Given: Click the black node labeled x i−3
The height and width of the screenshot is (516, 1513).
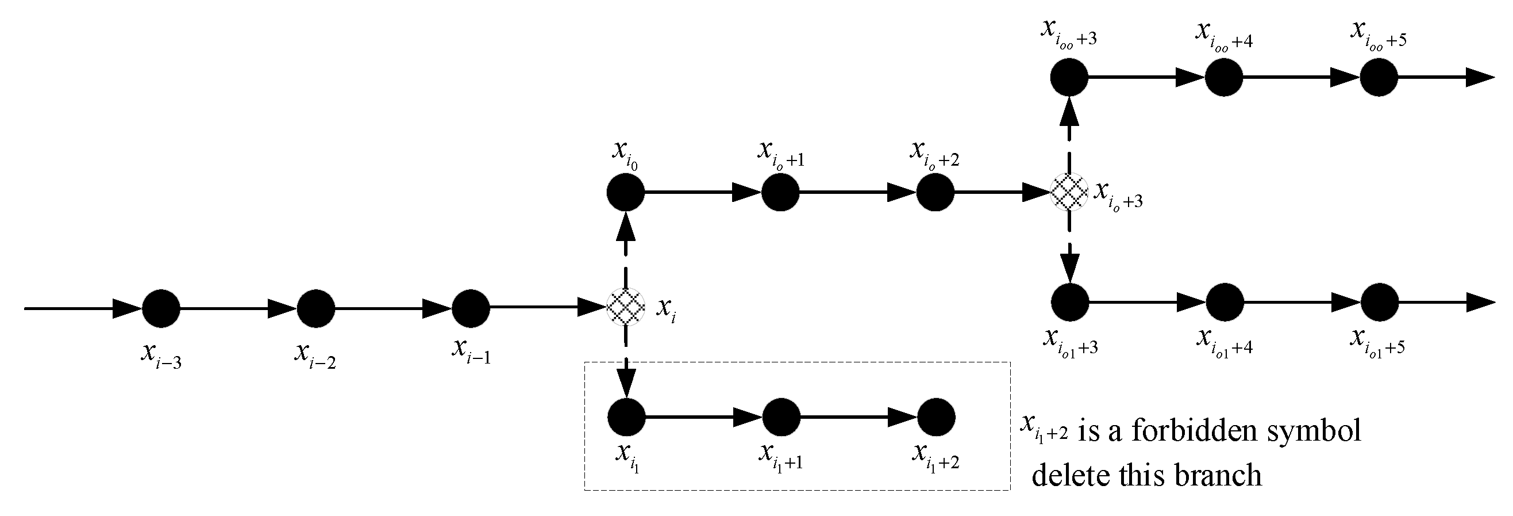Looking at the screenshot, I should (161, 308).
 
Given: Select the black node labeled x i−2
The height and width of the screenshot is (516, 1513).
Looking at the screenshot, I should (316, 308).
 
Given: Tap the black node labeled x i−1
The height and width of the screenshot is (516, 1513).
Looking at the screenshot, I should (471, 308).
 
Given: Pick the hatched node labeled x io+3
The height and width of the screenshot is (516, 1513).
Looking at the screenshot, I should (1069, 192).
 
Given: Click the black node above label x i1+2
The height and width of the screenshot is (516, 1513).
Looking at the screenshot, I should (935, 417).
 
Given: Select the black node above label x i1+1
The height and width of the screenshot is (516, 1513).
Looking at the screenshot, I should (781, 417).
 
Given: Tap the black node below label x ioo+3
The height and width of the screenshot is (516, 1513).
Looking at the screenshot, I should (1069, 77).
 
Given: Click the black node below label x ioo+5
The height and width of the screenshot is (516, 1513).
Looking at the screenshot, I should (1379, 77).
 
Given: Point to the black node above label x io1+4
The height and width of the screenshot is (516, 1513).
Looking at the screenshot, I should (1225, 302).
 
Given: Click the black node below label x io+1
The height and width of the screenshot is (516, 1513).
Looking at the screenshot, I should (780, 192).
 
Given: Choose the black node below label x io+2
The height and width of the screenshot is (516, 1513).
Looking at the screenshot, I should (935, 192).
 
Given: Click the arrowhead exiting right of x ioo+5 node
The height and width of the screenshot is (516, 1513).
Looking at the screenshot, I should (1480, 77).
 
